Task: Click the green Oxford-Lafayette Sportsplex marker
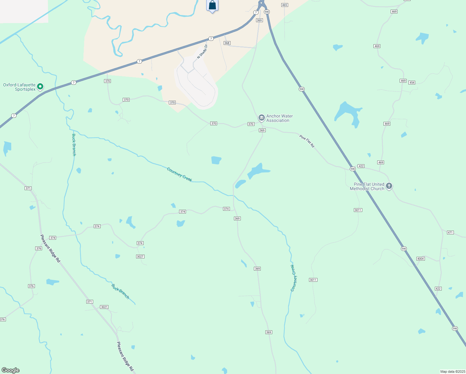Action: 40,86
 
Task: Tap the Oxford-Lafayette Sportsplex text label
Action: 19,87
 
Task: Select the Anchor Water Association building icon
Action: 261,117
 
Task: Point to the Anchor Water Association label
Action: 279,118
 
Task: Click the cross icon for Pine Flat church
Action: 389,186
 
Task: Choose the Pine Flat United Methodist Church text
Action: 367,186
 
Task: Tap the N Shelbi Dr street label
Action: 202,51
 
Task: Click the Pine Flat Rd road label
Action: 307,141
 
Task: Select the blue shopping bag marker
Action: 212,5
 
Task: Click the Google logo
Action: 11,370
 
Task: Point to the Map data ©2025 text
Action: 452,372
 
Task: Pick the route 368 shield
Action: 227,43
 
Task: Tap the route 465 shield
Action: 284,5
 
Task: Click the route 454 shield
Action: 412,83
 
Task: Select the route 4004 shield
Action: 421,259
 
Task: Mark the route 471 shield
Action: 450,233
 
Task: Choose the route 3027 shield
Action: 140,257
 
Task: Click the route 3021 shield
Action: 104,307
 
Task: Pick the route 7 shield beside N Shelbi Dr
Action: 211,39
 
